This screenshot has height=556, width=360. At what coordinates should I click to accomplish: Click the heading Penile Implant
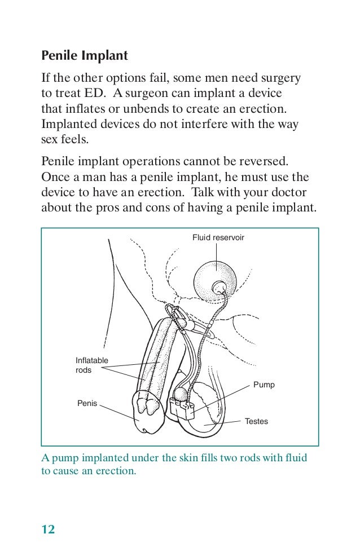click(x=85, y=56)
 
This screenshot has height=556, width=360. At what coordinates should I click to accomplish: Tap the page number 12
click(x=48, y=529)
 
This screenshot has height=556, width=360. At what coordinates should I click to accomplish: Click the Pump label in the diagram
click(x=264, y=385)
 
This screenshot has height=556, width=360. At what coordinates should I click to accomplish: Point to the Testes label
click(x=257, y=421)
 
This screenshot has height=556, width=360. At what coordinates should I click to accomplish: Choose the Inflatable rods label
click(x=91, y=365)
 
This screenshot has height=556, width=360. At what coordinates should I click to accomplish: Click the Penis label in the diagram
click(x=87, y=403)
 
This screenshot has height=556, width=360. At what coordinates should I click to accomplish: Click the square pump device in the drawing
click(x=182, y=407)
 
